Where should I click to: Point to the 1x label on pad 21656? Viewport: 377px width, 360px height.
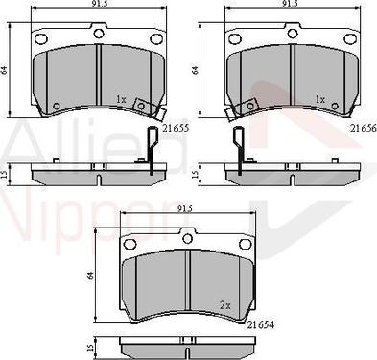320,100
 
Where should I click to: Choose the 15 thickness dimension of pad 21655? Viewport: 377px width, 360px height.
9,174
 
